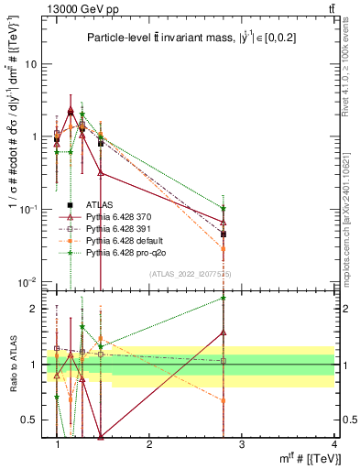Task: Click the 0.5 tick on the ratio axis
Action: [31, 420]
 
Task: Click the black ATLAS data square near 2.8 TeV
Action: [224, 234]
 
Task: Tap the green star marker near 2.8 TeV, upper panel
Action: [224, 208]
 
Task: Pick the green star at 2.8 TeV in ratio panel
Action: [224, 298]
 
